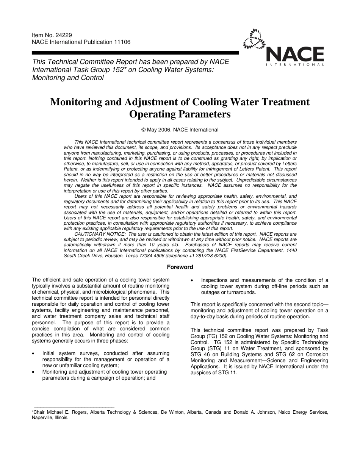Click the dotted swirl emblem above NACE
pyautogui.click(x=255, y=39)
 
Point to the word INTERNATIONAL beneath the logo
pyautogui.click(x=295, y=65)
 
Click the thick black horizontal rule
pyautogui.click(x=135, y=53)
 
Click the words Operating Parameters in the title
pyautogui.click(x=180, y=114)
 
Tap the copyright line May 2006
pyautogui.click(x=180, y=130)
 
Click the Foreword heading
pyautogui.click(x=180, y=267)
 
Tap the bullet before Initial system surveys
pyautogui.click(x=35, y=353)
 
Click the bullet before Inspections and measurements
pyautogui.click(x=193, y=280)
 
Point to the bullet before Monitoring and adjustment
pyautogui.click(x=35, y=372)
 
